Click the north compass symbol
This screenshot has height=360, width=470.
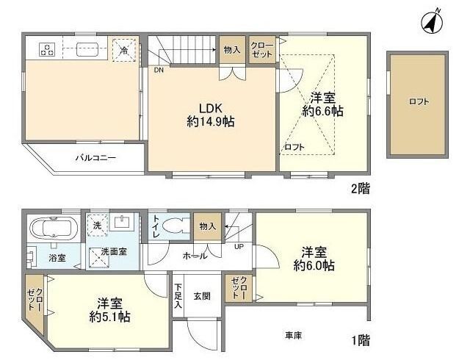coord(432,22)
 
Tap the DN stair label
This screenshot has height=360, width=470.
coord(159,71)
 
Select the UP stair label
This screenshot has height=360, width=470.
coord(239,246)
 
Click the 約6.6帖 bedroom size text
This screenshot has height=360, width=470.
coord(322,111)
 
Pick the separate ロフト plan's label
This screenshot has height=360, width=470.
coord(418,102)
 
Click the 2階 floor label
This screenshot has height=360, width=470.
coord(359,188)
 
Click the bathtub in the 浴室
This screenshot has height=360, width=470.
coord(52,229)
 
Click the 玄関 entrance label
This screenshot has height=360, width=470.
coord(202,296)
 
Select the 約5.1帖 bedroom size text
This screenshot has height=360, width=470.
coord(109,317)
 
